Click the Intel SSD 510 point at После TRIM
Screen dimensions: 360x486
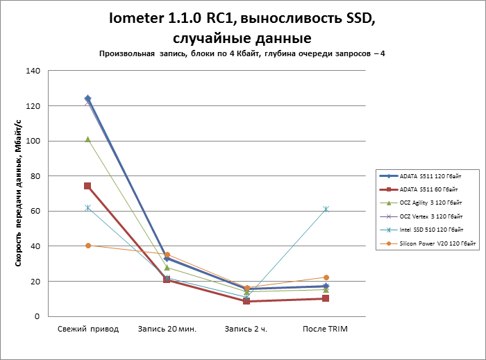coord(326,209)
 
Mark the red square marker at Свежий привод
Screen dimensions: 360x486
coord(88,186)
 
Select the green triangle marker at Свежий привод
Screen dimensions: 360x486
coord(88,139)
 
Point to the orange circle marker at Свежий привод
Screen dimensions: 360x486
coord(88,246)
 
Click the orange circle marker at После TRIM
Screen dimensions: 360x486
coord(326,277)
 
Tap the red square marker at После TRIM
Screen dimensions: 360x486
coord(326,298)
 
